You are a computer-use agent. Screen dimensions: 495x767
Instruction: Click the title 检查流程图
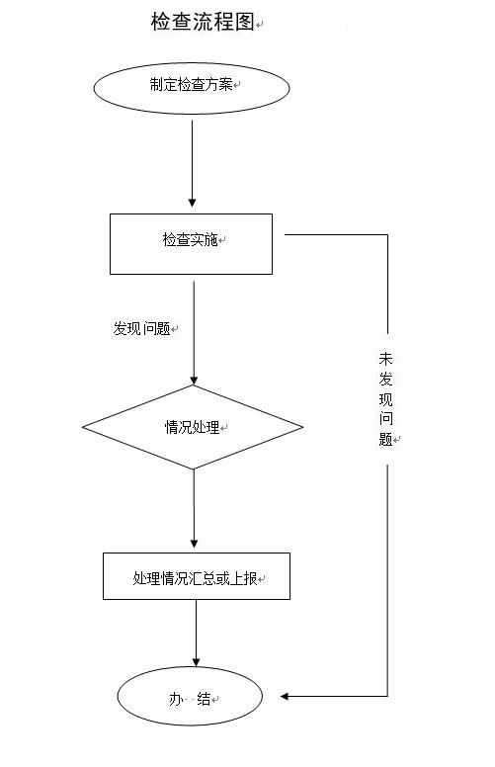pos(203,22)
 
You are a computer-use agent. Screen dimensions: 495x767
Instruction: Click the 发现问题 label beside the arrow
pos(141,328)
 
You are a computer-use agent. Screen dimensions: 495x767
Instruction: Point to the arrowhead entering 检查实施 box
pos(193,203)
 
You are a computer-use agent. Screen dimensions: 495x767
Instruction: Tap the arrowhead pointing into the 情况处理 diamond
pos(194,381)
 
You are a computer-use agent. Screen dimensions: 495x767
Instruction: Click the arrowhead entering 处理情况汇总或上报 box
pos(194,544)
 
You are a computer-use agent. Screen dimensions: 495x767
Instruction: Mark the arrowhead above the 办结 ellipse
pos(197,662)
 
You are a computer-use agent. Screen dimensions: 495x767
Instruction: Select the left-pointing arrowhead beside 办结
pos(285,696)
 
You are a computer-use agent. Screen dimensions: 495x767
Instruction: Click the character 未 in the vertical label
pos(385,359)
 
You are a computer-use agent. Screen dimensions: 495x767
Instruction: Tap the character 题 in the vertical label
pos(385,439)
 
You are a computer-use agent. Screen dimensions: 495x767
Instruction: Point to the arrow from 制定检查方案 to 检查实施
pos(193,164)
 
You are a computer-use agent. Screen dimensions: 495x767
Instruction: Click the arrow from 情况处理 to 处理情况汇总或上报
pos(194,509)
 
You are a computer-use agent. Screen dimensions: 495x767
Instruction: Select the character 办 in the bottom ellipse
pos(176,699)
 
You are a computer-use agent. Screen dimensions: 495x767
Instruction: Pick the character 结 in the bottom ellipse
pos(204,699)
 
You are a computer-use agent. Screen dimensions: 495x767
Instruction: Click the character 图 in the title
pos(245,22)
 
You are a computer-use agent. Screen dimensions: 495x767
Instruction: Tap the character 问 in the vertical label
pos(385,419)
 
